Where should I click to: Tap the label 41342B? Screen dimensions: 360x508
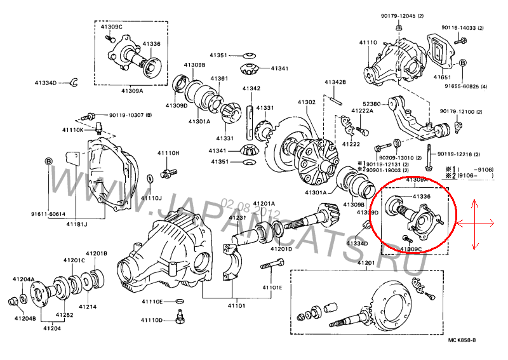coord(335,83)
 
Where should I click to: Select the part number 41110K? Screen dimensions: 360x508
coord(72,130)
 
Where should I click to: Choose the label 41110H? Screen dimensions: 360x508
coord(169,154)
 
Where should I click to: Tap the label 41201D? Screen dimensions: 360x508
coord(283,249)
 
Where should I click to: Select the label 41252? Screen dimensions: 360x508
coord(63,314)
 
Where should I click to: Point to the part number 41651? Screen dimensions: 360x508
coord(443,77)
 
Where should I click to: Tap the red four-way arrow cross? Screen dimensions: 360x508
coord(476,223)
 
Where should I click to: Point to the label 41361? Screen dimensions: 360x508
coord(219,79)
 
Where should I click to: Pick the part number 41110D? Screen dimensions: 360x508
coord(152,320)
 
